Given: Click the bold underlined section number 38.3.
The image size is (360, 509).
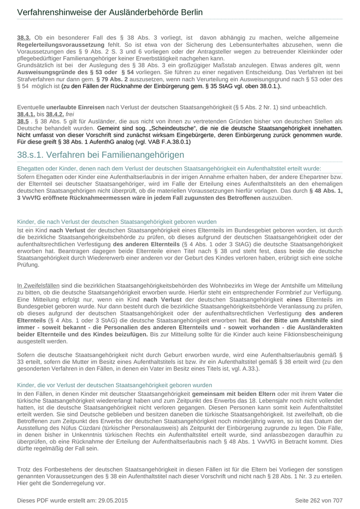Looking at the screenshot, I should click(24, 38).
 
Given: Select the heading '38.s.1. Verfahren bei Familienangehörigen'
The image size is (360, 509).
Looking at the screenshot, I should click(100, 155).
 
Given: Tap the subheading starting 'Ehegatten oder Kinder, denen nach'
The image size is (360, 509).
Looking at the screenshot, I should click(169, 168).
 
